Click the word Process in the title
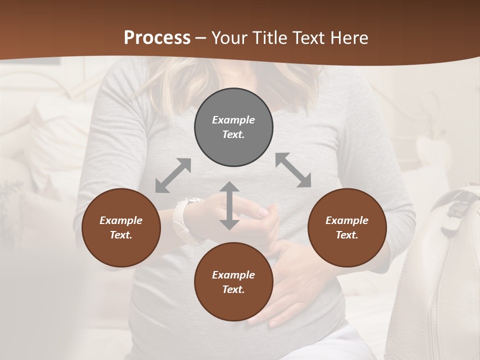click(x=157, y=38)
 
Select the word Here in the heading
click(x=348, y=38)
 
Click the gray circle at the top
click(x=233, y=127)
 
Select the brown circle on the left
click(x=121, y=227)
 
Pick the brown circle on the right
click(x=347, y=227)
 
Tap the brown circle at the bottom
click(x=233, y=281)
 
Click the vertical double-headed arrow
click(x=229, y=205)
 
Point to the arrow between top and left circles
click(x=173, y=175)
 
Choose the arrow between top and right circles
click(x=293, y=170)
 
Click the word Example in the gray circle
click(x=233, y=120)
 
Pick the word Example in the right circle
click(x=347, y=220)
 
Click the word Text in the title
click(x=310, y=38)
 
